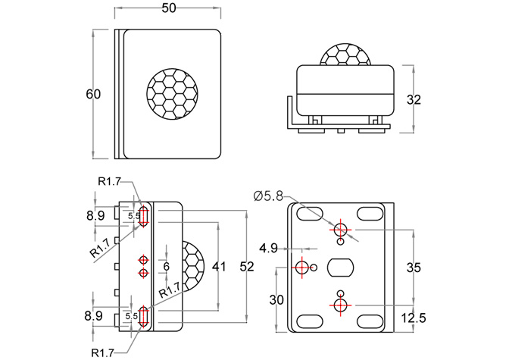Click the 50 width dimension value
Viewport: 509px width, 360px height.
tap(169, 8)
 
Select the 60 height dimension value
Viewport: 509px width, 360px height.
tap(93, 95)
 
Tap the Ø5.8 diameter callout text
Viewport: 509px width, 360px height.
tap(270, 196)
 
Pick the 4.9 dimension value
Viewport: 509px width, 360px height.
tap(268, 248)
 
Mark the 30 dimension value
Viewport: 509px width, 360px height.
tap(276, 299)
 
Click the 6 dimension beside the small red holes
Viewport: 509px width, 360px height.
tap(167, 267)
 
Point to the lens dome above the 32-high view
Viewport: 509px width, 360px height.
tap(345, 54)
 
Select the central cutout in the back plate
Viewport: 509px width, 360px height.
tap(340, 268)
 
